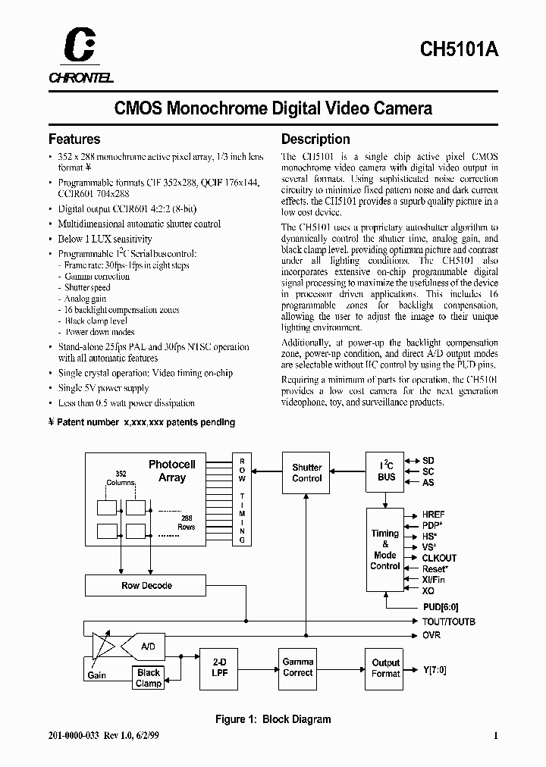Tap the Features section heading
pos(74,139)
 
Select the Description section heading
pos(315,139)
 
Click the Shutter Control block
pos(307,473)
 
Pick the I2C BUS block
pos(386,472)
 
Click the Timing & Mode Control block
pos(384,549)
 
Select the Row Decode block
pos(146,586)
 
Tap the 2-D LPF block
pos(218,668)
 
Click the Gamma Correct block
pos(297,668)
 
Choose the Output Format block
pos(385,668)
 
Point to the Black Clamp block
pos(149,678)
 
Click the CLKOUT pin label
pos(440,558)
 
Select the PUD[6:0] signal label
pos(441,607)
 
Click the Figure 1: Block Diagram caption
pos(273,719)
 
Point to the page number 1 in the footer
pos(495,735)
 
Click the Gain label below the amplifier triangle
pos(96,675)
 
